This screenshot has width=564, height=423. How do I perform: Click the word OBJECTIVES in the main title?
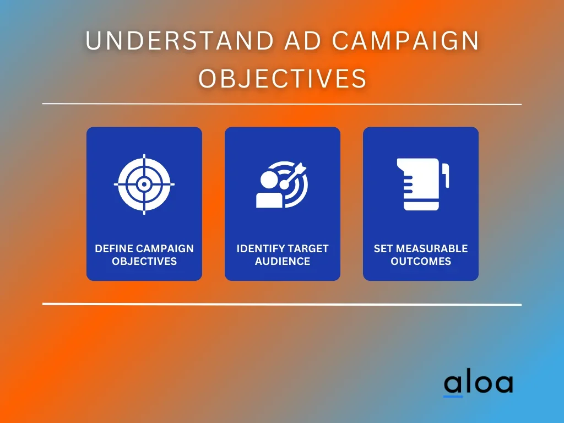point(283,78)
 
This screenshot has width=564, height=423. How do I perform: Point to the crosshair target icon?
point(144,184)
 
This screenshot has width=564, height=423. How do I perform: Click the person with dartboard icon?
point(283,184)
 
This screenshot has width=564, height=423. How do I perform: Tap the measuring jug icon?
point(422,184)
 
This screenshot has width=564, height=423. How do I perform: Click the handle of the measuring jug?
point(446,175)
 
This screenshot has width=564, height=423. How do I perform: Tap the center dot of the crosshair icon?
point(144,185)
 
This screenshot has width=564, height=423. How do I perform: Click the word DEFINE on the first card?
point(113,248)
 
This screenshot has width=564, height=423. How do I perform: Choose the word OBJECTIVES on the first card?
point(144,261)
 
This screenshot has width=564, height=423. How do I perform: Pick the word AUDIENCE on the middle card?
point(283,261)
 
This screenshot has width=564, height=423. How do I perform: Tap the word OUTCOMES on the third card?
point(421,261)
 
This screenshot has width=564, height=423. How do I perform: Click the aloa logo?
point(479,383)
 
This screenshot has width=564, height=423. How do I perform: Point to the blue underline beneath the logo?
point(453,397)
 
